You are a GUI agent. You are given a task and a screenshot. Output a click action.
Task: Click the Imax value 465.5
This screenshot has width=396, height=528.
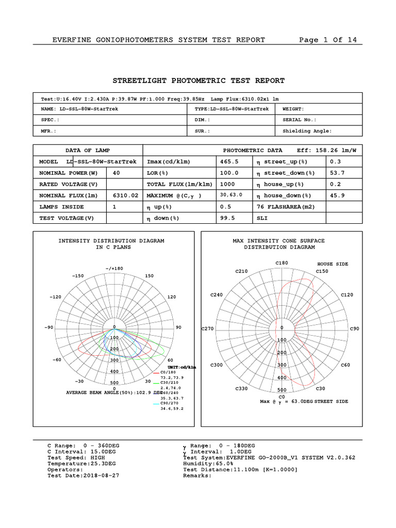[x=229, y=161]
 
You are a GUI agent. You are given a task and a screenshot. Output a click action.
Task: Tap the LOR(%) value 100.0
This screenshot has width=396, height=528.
[x=229, y=173]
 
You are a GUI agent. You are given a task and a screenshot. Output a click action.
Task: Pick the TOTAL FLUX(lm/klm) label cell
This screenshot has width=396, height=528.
[x=179, y=184]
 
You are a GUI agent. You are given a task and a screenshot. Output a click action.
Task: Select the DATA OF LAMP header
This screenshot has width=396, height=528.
[x=87, y=150]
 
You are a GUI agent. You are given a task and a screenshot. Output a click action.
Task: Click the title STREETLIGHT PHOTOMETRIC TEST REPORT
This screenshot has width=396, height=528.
[x=199, y=80]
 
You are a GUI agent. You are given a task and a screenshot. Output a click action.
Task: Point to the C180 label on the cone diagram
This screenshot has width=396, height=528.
[x=282, y=263]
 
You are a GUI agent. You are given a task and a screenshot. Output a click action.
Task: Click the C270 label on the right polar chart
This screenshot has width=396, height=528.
[x=207, y=328]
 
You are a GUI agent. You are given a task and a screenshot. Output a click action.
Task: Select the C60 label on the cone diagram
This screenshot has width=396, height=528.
[x=345, y=365]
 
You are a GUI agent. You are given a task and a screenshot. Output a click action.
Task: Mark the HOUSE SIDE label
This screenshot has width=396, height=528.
[x=333, y=264]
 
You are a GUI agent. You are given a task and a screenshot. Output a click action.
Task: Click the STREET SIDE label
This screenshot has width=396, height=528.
[x=331, y=401]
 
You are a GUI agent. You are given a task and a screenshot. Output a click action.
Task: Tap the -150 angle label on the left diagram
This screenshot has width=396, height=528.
[x=77, y=276]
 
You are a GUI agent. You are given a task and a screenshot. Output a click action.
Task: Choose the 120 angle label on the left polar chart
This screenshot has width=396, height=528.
[x=171, y=297]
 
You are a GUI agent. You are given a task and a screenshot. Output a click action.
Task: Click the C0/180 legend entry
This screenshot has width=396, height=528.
[x=168, y=372]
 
